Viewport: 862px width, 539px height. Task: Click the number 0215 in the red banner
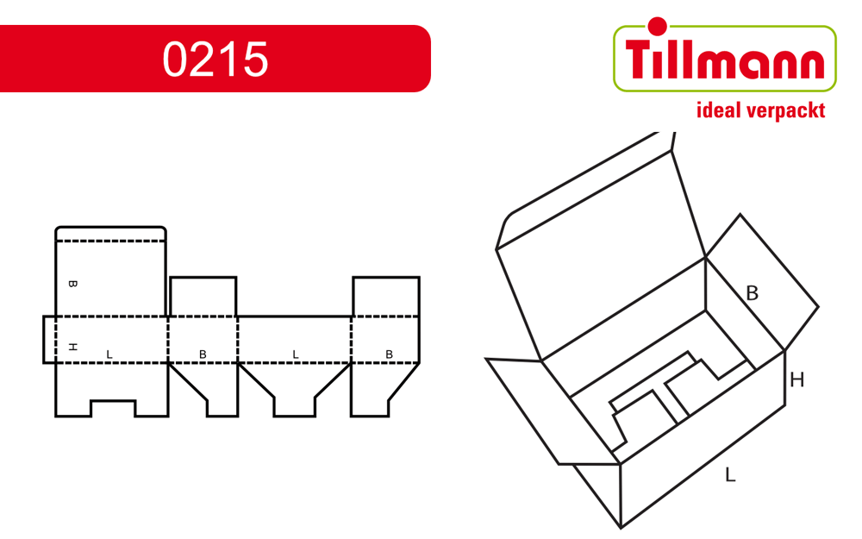pyautogui.click(x=215, y=59)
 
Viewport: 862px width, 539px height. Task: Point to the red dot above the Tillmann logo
pyautogui.click(x=656, y=27)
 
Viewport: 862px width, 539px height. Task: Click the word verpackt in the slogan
pyautogui.click(x=787, y=111)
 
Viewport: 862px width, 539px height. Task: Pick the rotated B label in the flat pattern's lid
pyautogui.click(x=72, y=284)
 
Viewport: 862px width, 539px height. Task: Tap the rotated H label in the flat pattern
pyautogui.click(x=72, y=347)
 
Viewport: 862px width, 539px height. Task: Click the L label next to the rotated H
pyautogui.click(x=109, y=354)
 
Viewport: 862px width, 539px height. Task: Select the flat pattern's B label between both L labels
pyautogui.click(x=203, y=354)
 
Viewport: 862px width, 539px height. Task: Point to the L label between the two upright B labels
pyautogui.click(x=295, y=354)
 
